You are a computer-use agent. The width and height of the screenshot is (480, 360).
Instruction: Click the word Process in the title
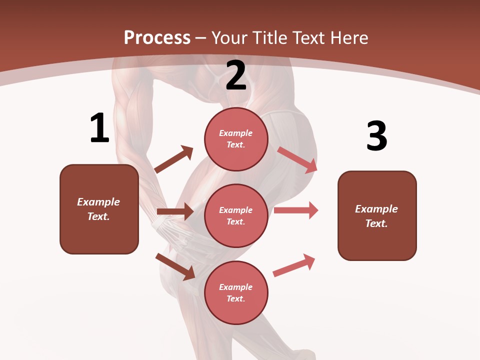click(x=157, y=38)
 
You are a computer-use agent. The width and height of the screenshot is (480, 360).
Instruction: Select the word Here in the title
click(x=348, y=38)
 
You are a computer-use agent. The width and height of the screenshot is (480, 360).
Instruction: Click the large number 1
click(x=99, y=128)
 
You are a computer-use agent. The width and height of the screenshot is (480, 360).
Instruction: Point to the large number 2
click(x=236, y=75)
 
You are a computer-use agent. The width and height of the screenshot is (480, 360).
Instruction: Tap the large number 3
click(x=376, y=136)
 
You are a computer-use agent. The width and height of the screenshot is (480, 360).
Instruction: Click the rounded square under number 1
click(x=99, y=209)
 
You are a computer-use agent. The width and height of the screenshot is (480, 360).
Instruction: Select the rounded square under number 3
click(x=377, y=215)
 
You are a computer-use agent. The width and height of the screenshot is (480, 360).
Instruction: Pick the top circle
click(x=236, y=139)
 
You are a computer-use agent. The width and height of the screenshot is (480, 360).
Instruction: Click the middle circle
click(x=236, y=215)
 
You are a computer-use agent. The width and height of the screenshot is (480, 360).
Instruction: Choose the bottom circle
click(x=236, y=292)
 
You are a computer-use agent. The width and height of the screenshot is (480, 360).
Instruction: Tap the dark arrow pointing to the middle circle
click(x=175, y=211)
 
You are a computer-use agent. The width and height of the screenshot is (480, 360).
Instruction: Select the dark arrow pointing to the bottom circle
click(x=175, y=266)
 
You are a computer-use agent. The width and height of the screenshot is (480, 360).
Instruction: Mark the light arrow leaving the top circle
click(x=297, y=159)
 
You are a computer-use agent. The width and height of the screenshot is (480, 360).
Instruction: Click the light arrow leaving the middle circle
click(x=296, y=210)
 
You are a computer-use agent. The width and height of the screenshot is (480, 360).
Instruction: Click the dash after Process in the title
click(x=201, y=38)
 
